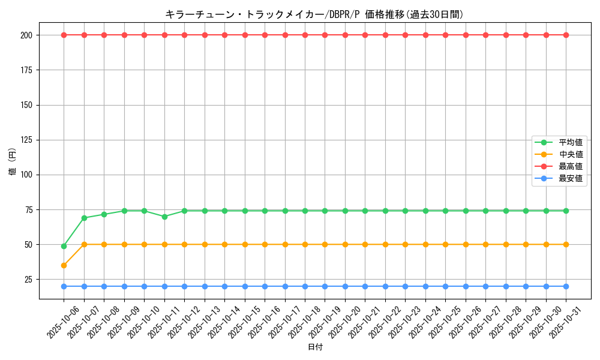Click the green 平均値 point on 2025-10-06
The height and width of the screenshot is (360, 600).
(64, 246)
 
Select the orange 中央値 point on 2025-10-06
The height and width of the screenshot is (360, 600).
(64, 265)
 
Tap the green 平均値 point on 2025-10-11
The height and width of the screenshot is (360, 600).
(164, 217)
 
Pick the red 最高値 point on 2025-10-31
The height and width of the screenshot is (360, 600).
(566, 35)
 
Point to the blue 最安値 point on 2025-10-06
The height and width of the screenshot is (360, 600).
(64, 286)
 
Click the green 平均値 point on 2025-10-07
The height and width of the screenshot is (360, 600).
(84, 218)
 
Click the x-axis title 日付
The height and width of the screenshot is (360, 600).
(315, 347)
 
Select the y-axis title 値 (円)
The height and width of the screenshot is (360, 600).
(13, 162)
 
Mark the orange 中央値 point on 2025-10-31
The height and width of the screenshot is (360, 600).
(566, 244)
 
